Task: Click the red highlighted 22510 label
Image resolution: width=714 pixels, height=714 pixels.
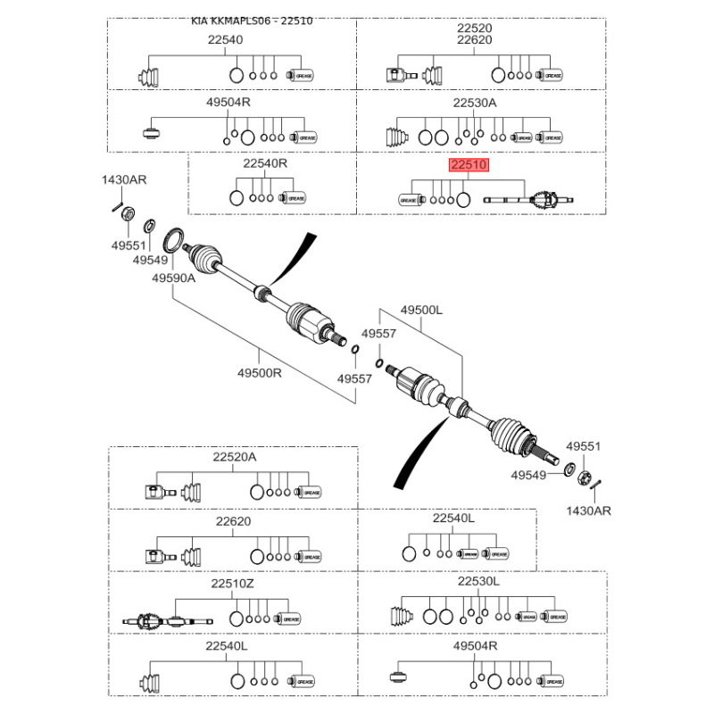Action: [469, 166]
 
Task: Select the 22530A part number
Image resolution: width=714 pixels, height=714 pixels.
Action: [474, 103]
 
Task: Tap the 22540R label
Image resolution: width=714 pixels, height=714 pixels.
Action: [265, 165]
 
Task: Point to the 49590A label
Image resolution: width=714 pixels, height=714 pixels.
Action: [172, 278]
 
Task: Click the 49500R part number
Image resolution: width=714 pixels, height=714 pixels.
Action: [259, 373]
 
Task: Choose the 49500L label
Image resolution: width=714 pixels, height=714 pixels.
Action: [421, 310]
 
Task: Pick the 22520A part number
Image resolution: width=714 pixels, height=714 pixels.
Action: [234, 457]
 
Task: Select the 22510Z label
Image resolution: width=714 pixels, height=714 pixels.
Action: [233, 584]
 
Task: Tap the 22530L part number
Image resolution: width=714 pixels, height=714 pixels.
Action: [479, 581]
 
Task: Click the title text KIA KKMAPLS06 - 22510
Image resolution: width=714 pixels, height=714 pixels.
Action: [258, 20]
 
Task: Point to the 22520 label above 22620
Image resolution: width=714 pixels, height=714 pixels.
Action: [474, 28]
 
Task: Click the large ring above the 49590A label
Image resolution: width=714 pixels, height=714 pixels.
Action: [173, 240]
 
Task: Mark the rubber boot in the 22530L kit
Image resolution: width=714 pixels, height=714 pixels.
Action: [401, 617]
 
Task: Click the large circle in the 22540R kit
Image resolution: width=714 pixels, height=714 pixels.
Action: [237, 198]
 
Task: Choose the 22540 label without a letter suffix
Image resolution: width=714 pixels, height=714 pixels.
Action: [225, 39]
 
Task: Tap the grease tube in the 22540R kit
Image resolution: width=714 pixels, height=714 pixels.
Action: [295, 198]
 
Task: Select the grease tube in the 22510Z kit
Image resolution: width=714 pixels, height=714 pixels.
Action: [291, 619]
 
